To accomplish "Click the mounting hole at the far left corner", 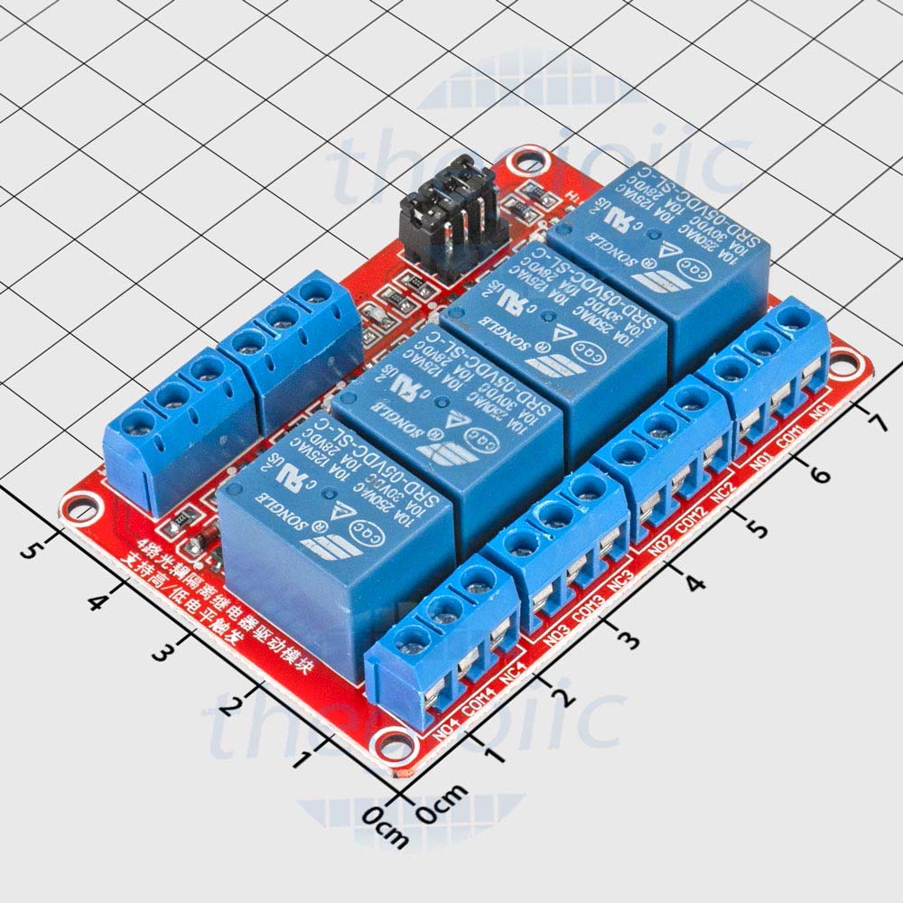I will point(79,508).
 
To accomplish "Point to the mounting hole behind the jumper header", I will point(523,164).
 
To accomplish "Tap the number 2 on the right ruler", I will point(563,697).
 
